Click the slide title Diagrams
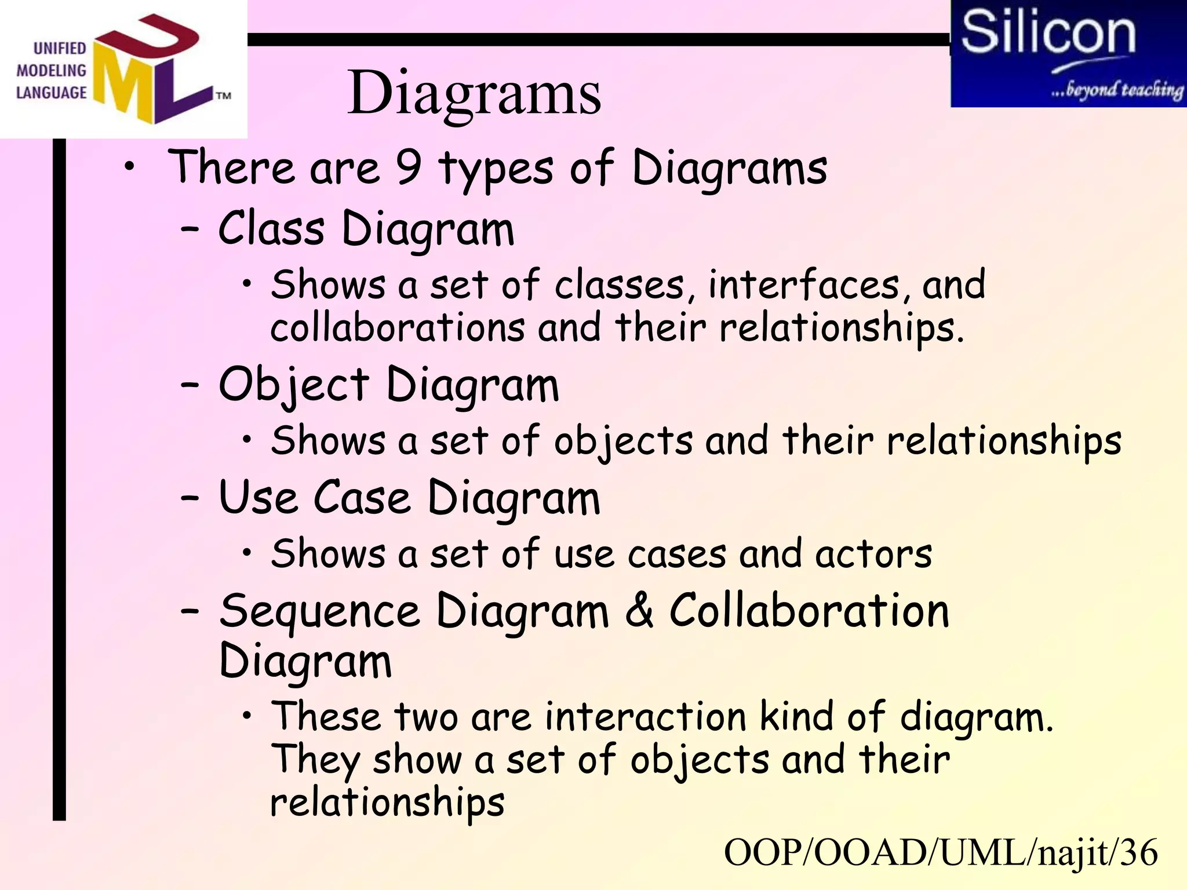point(474,93)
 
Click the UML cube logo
point(154,70)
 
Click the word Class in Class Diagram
point(271,229)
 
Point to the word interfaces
point(804,285)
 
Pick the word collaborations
point(398,327)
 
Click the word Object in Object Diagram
point(294,385)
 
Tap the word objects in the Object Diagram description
point(623,442)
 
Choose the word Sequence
point(319,612)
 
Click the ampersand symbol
point(639,611)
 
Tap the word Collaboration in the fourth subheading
point(809,611)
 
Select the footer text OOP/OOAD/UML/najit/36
point(940,853)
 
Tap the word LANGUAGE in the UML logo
point(51,93)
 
